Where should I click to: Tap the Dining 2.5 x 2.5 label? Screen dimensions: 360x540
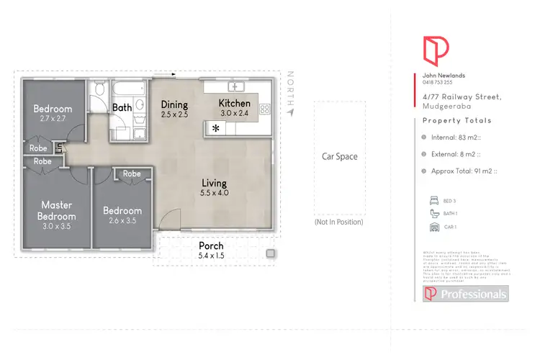coord(174,109)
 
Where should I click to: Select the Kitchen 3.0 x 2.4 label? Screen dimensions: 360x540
coord(235,108)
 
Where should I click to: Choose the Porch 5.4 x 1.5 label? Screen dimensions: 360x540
coord(210,251)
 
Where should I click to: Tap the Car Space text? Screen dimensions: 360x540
coord(340,156)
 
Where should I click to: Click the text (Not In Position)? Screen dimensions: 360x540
coord(338,222)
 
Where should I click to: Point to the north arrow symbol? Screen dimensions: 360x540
coord(290,112)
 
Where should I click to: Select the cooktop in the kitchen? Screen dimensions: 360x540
coord(264,109)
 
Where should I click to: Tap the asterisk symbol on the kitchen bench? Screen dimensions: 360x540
coord(215,128)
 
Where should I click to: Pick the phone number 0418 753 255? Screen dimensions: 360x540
coord(438,82)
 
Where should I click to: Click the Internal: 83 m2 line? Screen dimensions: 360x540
coord(460,136)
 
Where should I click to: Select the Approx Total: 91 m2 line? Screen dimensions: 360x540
coord(464,171)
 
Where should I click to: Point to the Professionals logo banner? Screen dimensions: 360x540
coord(465,294)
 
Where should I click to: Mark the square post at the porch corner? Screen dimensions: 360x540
coord(270,253)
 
